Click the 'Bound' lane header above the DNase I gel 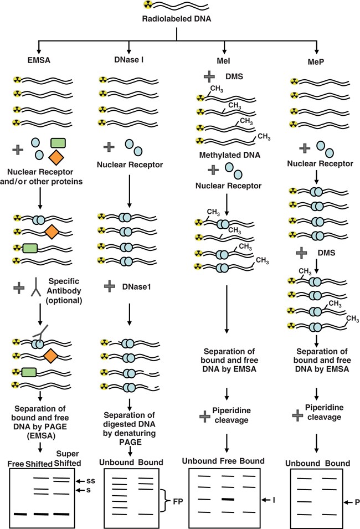tap(148, 462)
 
